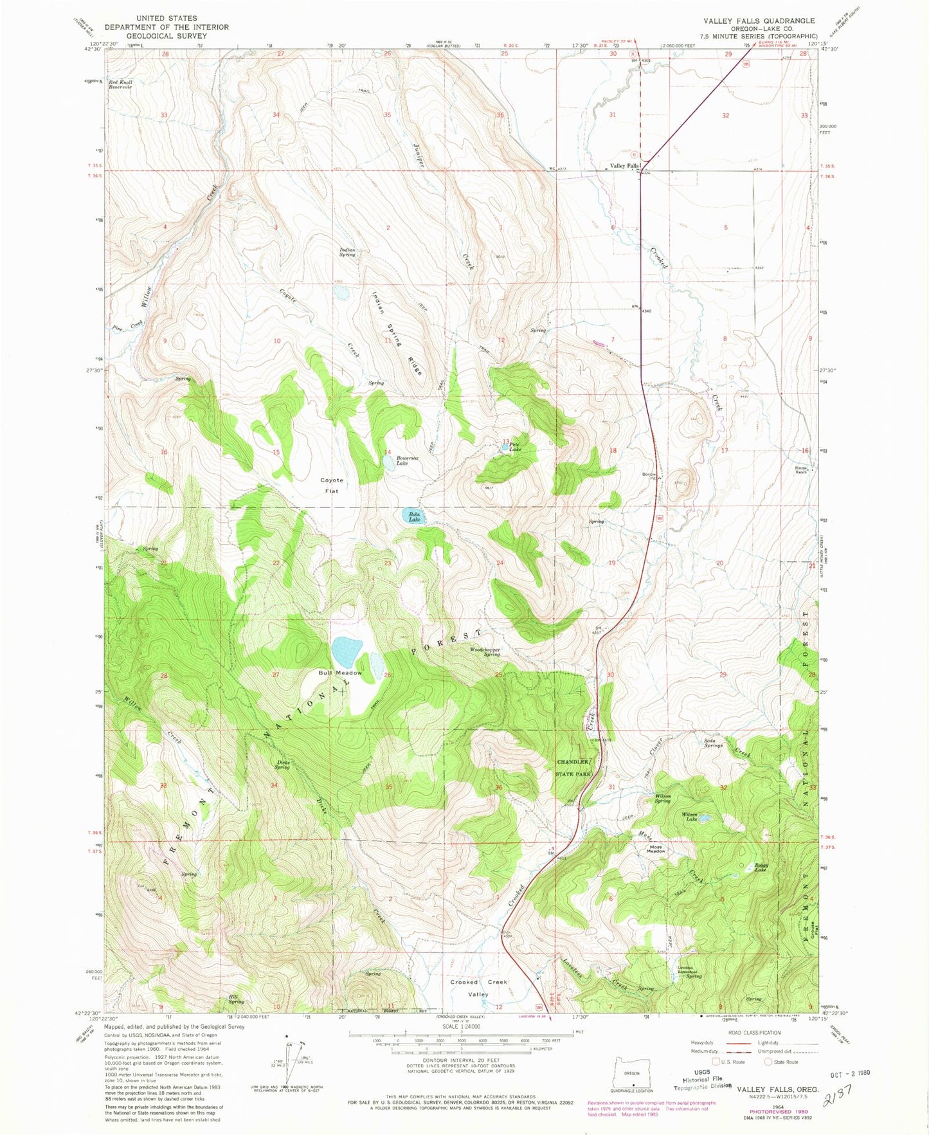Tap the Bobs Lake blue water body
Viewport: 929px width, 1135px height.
coord(411,516)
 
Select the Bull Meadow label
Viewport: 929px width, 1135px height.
coord(340,673)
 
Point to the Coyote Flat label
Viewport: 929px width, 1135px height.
coord(332,486)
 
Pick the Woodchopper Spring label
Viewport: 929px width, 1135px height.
coord(485,651)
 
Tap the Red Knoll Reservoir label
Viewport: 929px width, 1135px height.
coord(120,84)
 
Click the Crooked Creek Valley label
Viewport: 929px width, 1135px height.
coord(478,988)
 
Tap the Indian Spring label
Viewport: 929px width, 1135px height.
coord(347,252)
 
